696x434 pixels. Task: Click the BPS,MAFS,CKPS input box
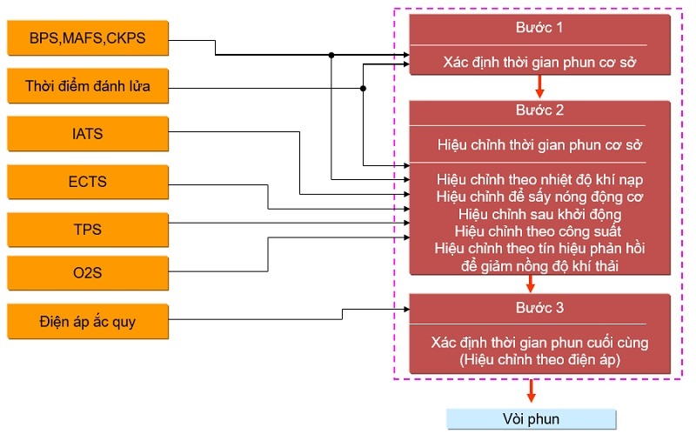pyautogui.click(x=86, y=38)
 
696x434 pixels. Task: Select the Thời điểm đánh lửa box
pyautogui.click(x=86, y=86)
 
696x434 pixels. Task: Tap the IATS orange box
pyautogui.click(x=86, y=134)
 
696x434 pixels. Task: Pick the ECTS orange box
pyautogui.click(x=86, y=182)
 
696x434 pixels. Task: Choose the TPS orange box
pyautogui.click(x=86, y=230)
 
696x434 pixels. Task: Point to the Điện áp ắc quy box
pyautogui.click(x=86, y=323)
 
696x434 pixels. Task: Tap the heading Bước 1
pyautogui.click(x=539, y=29)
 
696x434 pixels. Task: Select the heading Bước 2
pyautogui.click(x=539, y=111)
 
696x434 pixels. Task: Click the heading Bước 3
pyautogui.click(x=539, y=307)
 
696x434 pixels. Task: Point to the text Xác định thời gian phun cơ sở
pyautogui.click(x=539, y=62)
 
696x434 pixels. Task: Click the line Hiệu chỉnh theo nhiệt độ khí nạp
pyautogui.click(x=539, y=179)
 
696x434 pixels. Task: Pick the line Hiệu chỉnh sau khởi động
pyautogui.click(x=539, y=214)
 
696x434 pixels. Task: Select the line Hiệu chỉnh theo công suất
pyautogui.click(x=539, y=231)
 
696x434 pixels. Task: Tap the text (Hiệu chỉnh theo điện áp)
pyautogui.click(x=539, y=358)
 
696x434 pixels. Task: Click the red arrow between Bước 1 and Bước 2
pyautogui.click(x=540, y=87)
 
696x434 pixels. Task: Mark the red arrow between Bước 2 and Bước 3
pyautogui.click(x=530, y=284)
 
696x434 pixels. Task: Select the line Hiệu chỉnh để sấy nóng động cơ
pyautogui.click(x=539, y=197)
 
